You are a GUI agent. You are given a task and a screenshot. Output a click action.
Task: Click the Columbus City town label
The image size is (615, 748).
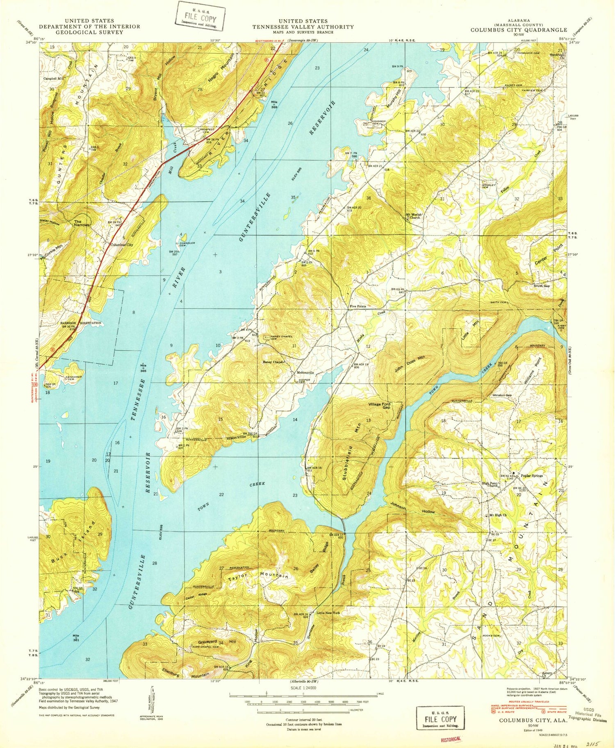121,245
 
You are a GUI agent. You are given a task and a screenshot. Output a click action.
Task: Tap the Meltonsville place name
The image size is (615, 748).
305,373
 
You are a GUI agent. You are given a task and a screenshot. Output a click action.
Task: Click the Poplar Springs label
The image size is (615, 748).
531,476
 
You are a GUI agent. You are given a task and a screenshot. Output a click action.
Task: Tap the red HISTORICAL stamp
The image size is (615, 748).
451,739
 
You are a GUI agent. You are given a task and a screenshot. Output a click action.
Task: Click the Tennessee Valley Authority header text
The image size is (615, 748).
303,27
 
